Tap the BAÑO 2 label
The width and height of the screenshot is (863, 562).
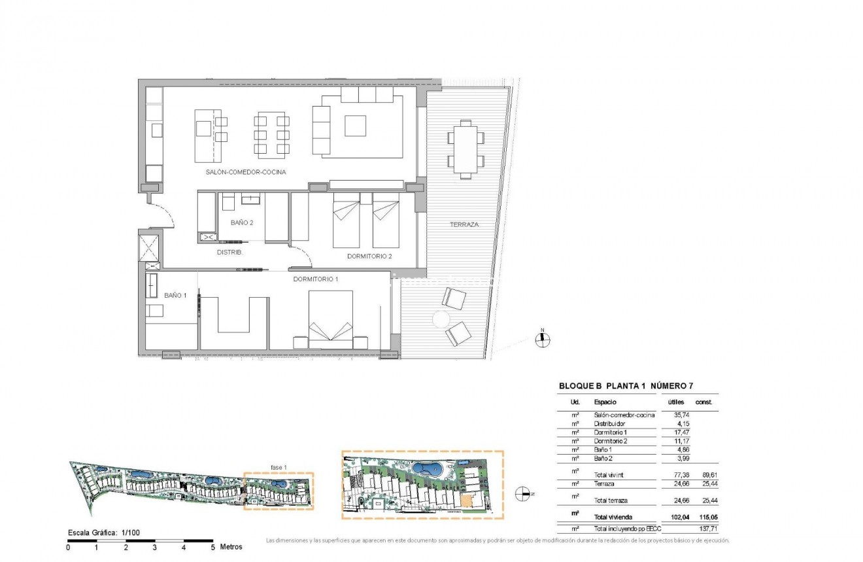[x=242, y=222]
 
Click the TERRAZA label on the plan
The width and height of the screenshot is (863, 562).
[x=464, y=224]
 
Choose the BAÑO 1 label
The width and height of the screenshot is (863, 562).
[x=175, y=295]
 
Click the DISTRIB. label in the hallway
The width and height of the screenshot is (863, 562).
[x=230, y=252]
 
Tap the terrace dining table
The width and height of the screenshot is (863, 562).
[x=465, y=148]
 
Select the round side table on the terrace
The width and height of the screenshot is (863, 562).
[x=441, y=319]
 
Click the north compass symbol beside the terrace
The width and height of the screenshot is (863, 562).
[x=542, y=338]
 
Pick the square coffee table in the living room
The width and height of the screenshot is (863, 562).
[x=355, y=126]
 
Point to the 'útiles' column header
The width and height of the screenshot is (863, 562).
[x=676, y=402]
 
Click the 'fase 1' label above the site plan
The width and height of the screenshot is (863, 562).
[x=279, y=467]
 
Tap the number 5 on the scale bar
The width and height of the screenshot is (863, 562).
[x=212, y=547]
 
